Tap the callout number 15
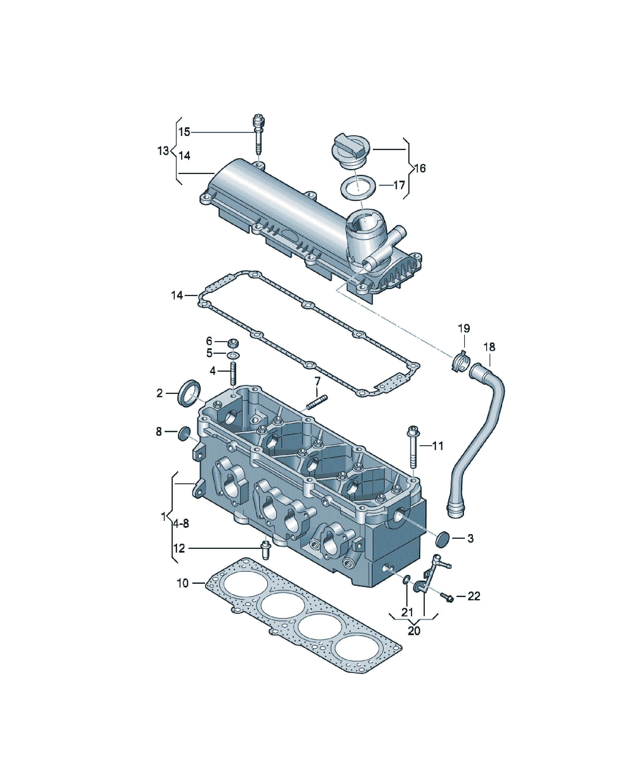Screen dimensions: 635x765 (184, 132)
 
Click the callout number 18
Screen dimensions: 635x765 (489, 347)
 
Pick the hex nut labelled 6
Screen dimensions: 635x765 (233, 343)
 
